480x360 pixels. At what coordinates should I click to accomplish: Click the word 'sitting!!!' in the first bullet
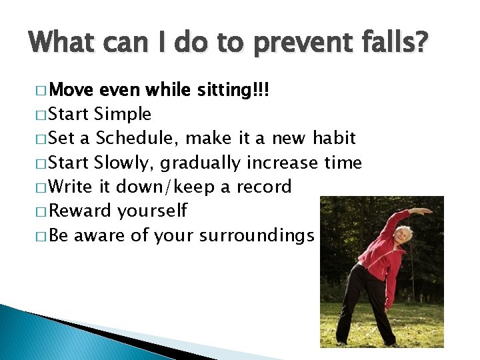(233, 90)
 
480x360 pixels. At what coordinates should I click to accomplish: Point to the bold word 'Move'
(71, 90)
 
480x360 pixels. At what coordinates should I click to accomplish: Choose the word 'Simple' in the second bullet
(123, 114)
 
